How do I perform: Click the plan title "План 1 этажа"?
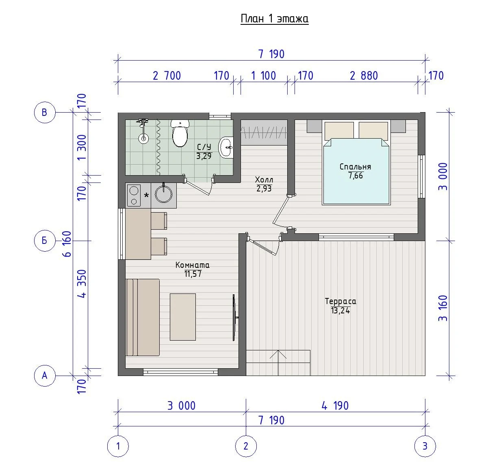(275, 19)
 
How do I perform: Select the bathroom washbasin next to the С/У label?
(226, 148)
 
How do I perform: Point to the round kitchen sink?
(164, 194)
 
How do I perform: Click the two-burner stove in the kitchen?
(134, 196)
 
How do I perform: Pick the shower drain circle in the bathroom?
(143, 139)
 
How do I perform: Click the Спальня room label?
(355, 167)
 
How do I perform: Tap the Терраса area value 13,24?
(340, 311)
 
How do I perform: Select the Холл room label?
(264, 180)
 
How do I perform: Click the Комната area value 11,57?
(193, 274)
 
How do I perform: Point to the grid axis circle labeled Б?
(45, 241)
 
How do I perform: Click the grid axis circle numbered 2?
(246, 446)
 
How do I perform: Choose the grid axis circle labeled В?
(45, 113)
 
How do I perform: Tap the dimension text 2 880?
(364, 76)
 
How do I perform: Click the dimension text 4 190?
(335, 406)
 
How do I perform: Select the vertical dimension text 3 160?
(443, 308)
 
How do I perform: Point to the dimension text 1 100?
(263, 76)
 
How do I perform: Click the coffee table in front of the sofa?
(182, 317)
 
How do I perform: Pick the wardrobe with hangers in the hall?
(264, 132)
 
